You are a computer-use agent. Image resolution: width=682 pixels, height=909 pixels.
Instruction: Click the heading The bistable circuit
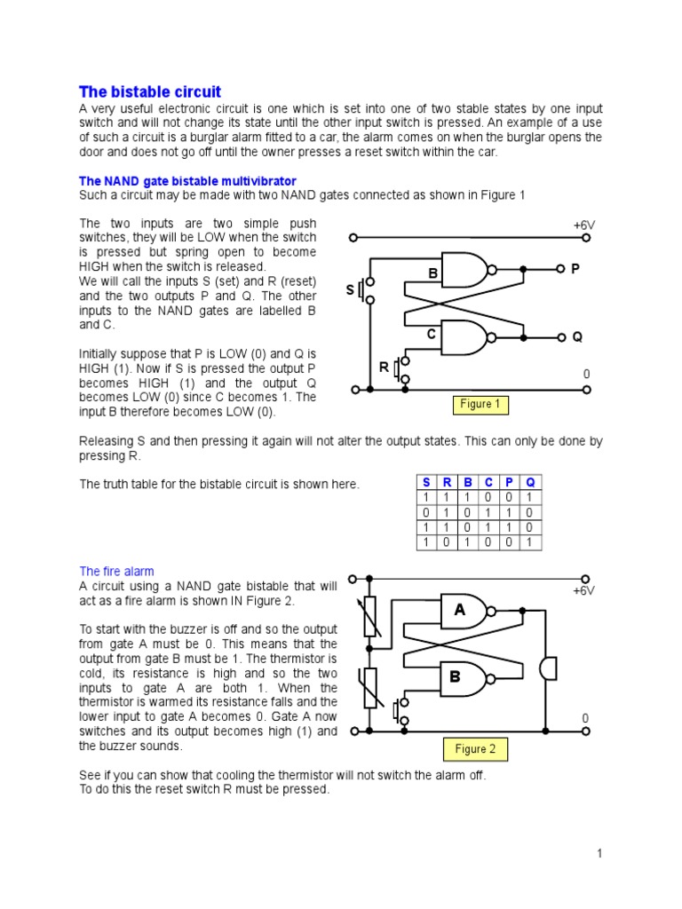tap(150, 92)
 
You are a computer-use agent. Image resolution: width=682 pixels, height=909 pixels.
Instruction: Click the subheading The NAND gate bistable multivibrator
tap(187, 181)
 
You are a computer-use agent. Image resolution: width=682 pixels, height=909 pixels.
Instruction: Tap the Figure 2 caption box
tap(475, 749)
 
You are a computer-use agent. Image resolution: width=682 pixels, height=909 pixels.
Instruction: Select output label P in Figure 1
tap(575, 268)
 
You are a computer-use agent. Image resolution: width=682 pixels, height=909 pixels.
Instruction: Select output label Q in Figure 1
tap(576, 337)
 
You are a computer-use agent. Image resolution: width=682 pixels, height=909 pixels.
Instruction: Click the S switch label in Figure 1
tap(350, 290)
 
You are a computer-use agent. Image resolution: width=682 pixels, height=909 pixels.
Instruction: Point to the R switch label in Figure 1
tap(385, 367)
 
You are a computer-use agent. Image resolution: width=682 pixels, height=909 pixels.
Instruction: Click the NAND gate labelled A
tap(465, 611)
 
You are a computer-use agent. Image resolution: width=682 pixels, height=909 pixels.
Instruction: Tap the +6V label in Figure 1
tap(583, 225)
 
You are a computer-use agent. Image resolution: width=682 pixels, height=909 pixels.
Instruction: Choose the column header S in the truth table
tap(426, 482)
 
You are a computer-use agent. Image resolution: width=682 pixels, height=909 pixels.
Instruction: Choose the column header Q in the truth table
tap(530, 482)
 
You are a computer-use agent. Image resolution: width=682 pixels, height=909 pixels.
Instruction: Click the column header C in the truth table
tap(488, 482)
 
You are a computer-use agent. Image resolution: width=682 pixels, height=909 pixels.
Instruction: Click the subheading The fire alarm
tap(116, 572)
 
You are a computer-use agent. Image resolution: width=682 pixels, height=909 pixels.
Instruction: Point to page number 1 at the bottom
tap(599, 853)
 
